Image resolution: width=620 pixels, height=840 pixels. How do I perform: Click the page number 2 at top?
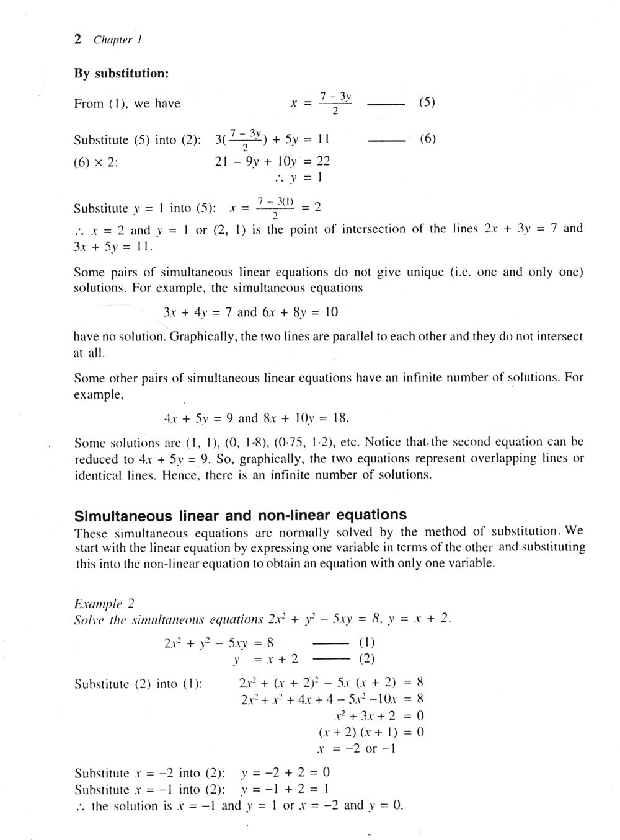77,40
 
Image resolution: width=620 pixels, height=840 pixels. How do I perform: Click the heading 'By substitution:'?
122,73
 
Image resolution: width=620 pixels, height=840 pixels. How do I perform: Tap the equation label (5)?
427,102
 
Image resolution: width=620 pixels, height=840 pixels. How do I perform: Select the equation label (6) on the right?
428,138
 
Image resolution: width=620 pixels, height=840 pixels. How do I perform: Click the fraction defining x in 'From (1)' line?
335,104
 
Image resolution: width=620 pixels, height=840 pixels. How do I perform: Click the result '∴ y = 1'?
298,178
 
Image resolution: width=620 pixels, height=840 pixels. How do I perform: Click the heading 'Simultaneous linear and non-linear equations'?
240,516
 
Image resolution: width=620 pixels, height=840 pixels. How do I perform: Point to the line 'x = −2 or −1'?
356,749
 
